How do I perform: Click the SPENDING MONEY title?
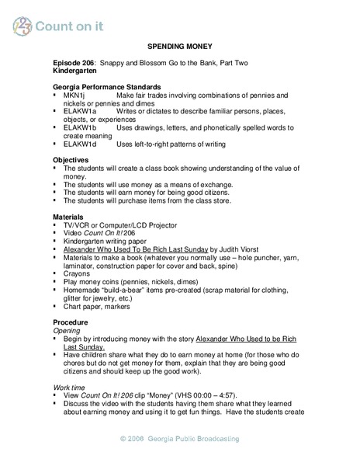179,47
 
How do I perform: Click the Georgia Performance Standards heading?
107,87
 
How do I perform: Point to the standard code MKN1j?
76,96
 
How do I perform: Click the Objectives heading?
74,159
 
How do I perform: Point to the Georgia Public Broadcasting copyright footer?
179,439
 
